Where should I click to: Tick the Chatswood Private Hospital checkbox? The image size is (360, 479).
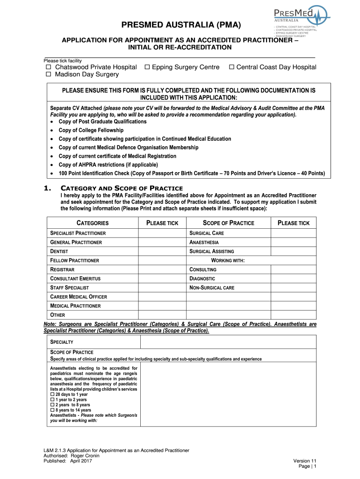click(x=48, y=67)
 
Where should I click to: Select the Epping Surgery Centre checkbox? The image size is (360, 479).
click(x=147, y=67)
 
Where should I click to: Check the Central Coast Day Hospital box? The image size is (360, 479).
click(x=231, y=67)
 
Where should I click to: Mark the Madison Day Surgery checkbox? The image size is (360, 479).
click(x=48, y=74)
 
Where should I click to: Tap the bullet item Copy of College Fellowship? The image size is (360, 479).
click(x=91, y=130)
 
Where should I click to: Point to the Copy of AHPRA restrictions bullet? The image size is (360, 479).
click(x=108, y=165)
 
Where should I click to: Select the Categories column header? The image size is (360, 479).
click(x=93, y=223)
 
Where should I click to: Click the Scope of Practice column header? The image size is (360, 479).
click(x=228, y=223)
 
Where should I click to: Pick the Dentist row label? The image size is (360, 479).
click(x=60, y=251)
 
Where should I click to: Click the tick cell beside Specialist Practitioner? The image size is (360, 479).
click(x=162, y=233)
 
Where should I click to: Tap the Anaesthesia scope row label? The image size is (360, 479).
click(x=204, y=242)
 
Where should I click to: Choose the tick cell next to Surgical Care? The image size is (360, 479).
click(x=294, y=233)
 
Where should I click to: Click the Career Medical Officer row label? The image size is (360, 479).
click(x=79, y=297)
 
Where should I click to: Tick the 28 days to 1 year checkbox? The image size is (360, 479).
click(x=52, y=394)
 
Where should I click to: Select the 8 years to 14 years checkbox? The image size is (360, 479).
click(x=52, y=410)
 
